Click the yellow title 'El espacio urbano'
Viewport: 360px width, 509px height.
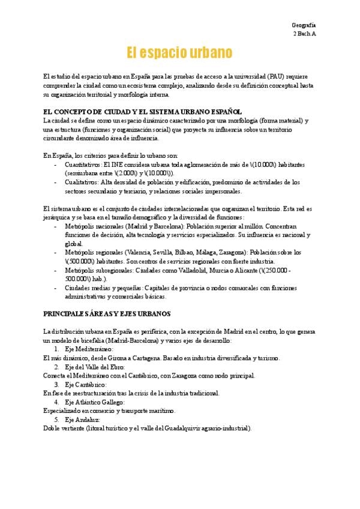point(179,52)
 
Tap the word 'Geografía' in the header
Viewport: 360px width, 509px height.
point(304,25)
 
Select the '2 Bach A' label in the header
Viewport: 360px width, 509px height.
point(304,34)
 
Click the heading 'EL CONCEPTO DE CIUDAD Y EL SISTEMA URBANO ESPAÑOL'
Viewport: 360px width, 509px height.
point(143,112)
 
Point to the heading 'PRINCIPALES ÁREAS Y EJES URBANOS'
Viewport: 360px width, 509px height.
point(107,313)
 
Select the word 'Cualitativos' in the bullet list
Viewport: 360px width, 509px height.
point(82,181)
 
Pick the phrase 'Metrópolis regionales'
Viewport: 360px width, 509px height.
point(93,253)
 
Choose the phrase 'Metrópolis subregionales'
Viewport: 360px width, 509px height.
point(97,271)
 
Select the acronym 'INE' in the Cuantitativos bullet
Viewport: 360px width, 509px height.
point(115,164)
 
